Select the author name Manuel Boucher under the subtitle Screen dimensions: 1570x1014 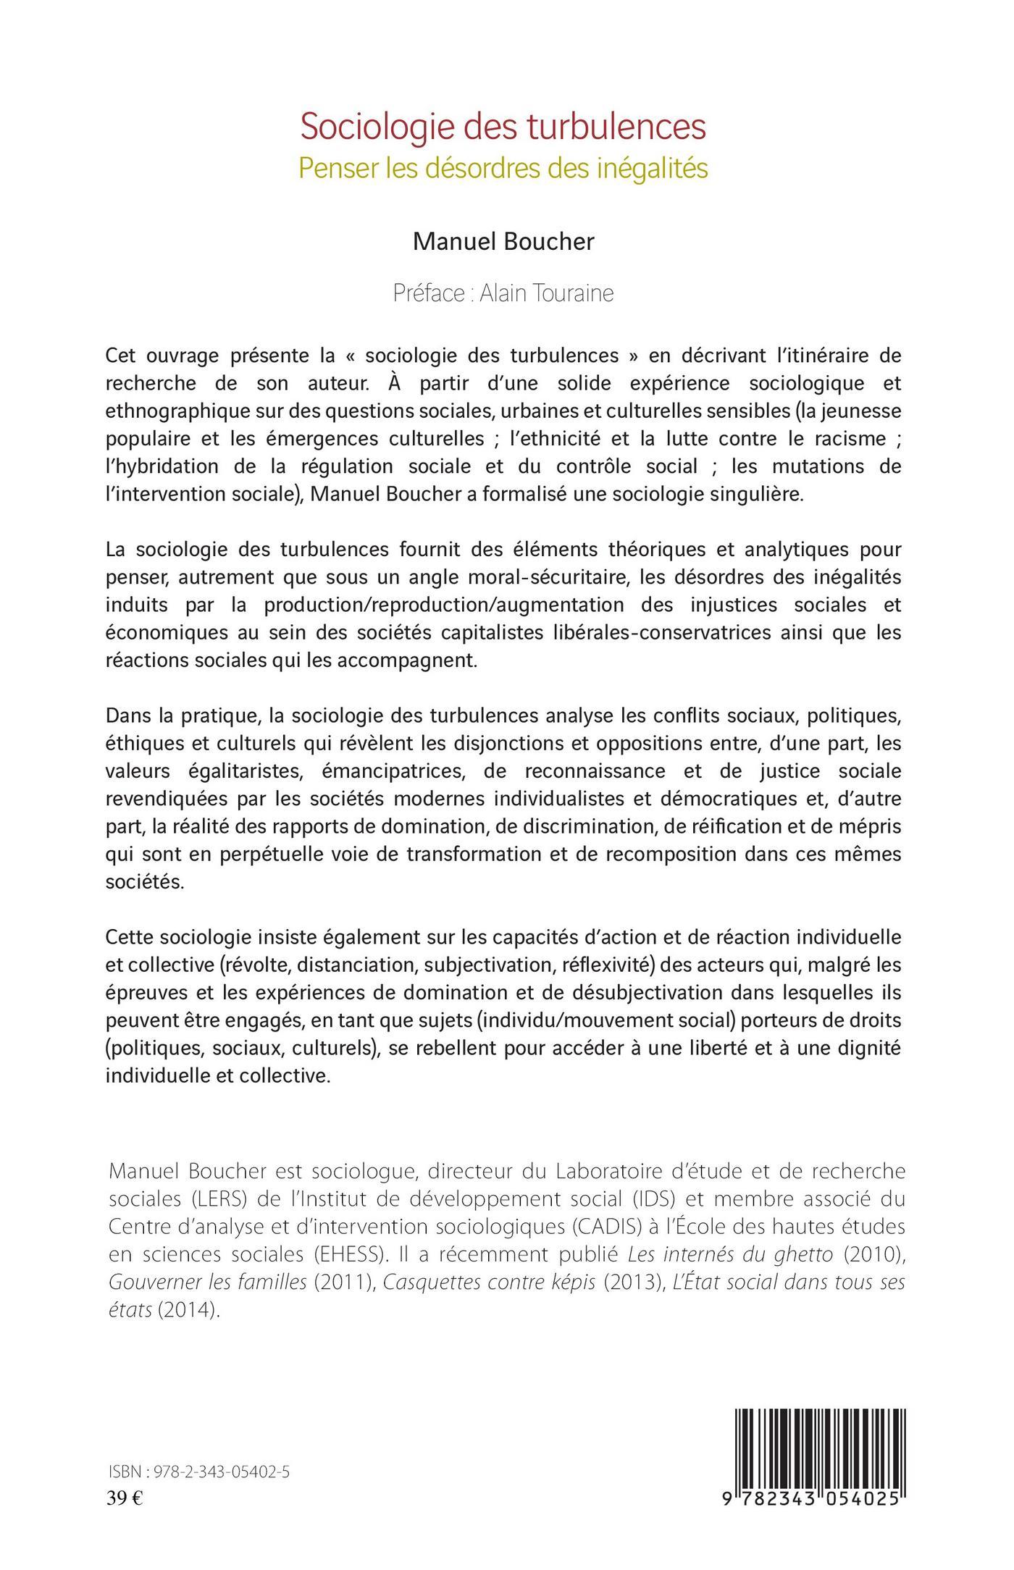503,242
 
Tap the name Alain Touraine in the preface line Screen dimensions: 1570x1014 547,293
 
